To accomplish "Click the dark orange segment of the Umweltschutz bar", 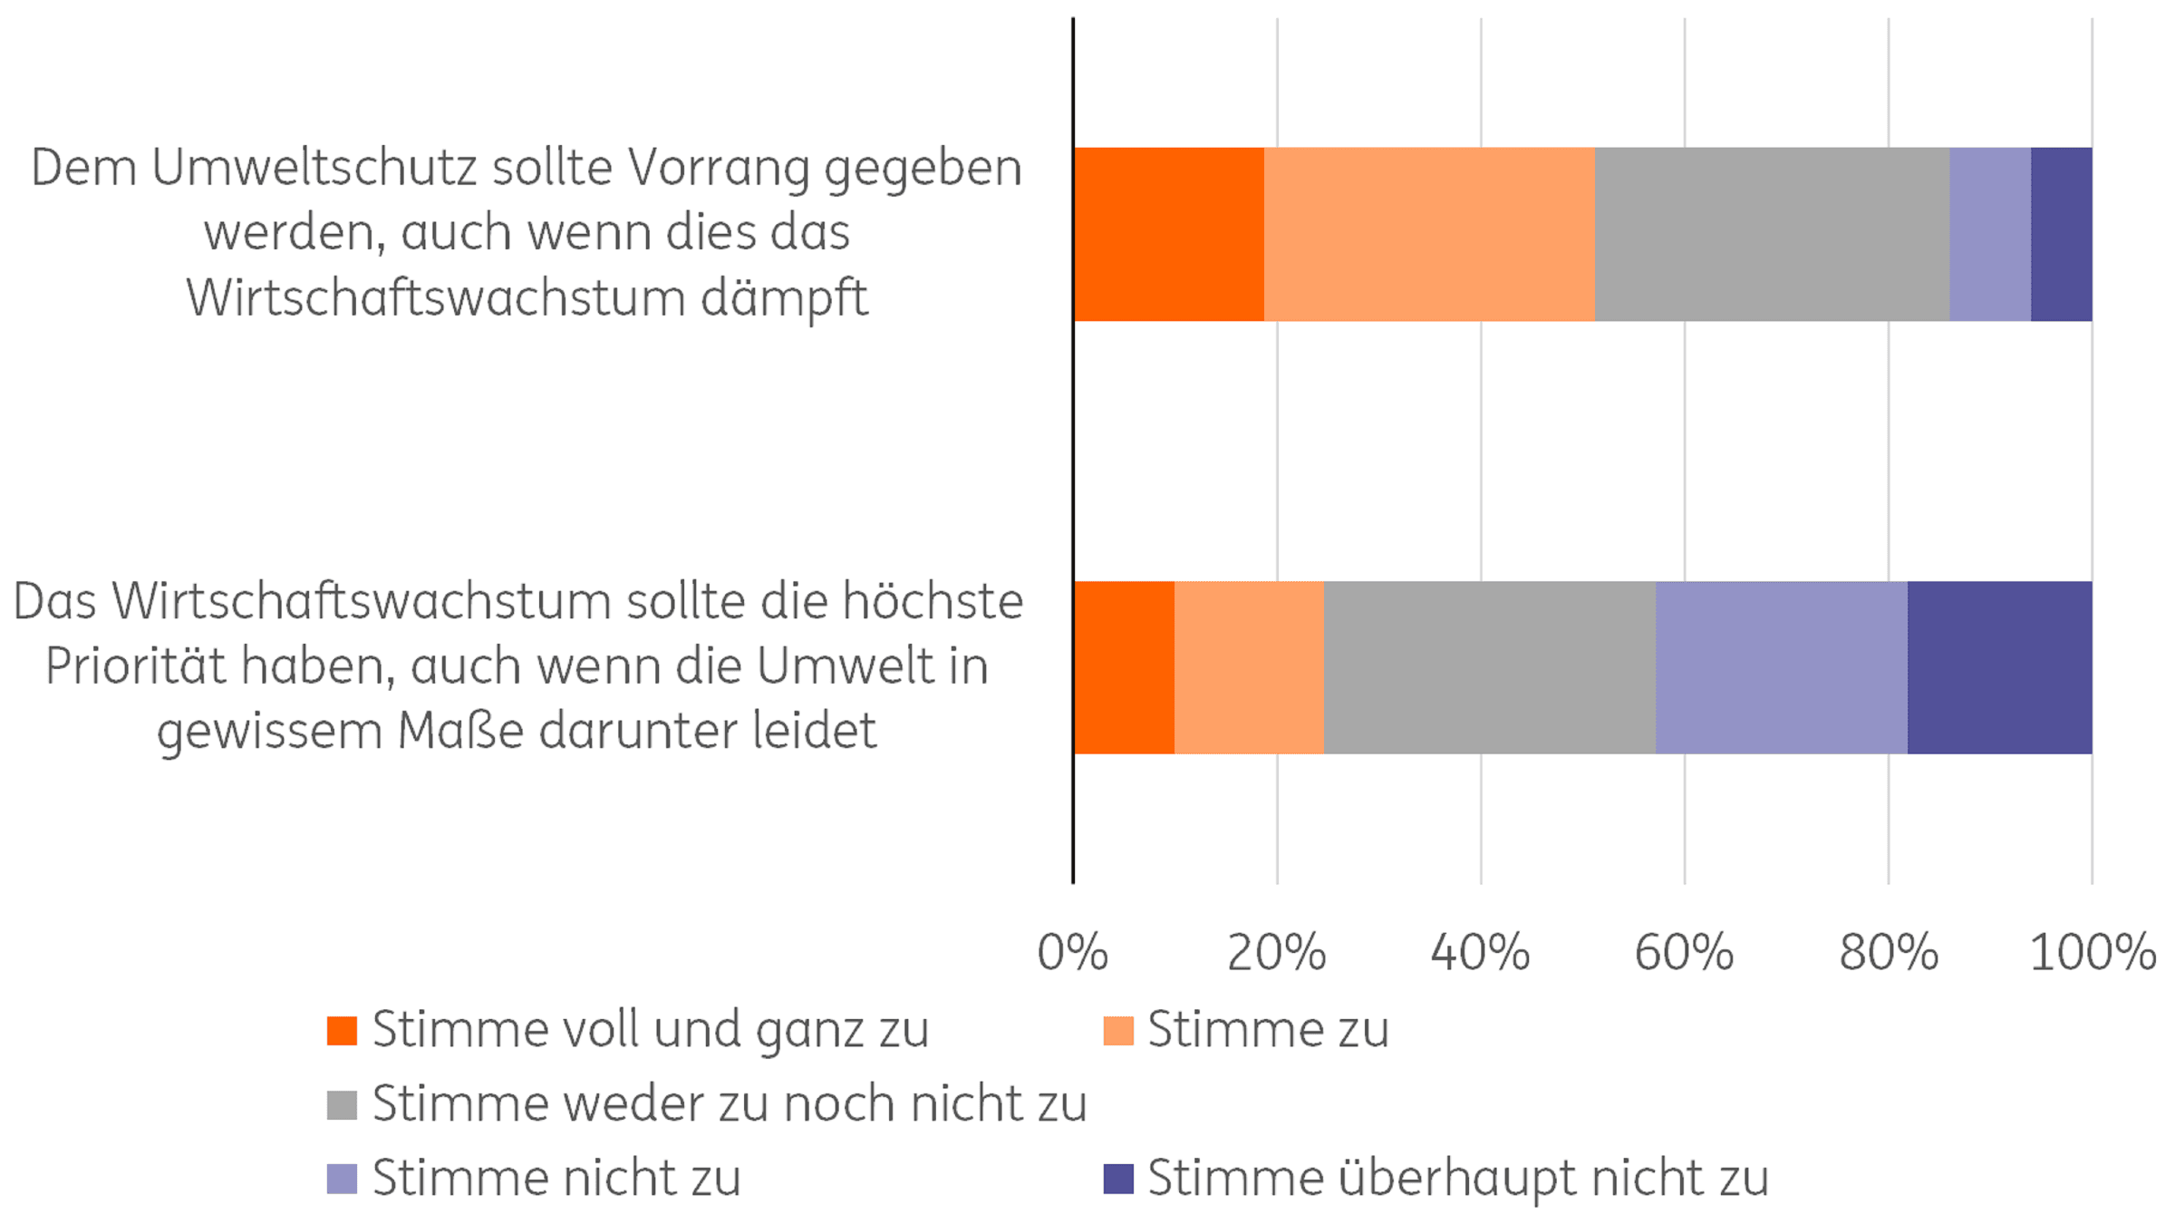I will point(1169,234).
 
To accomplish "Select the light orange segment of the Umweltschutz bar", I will point(1429,234).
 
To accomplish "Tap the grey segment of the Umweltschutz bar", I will point(1772,234).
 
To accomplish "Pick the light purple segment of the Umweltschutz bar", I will point(1990,234).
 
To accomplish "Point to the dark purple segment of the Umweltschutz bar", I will point(2061,234).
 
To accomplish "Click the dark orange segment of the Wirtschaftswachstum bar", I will point(1125,667).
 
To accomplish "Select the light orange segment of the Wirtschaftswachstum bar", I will point(1249,667).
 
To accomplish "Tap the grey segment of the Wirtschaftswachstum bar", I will point(1490,667).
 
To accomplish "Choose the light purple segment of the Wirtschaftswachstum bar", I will point(1782,667).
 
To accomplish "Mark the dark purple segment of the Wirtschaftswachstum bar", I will point(1999,667).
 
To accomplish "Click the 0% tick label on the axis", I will point(1073,953).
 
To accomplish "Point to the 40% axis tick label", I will point(1480,953).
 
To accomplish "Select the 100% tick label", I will point(2092,953).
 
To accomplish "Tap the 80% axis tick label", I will point(1888,953).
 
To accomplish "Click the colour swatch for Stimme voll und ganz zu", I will point(342,1030).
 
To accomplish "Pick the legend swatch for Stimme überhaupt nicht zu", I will point(1118,1179).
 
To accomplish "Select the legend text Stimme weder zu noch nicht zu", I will point(729,1104).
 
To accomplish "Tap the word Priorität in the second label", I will point(134,667).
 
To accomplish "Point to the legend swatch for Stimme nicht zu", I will point(342,1179).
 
